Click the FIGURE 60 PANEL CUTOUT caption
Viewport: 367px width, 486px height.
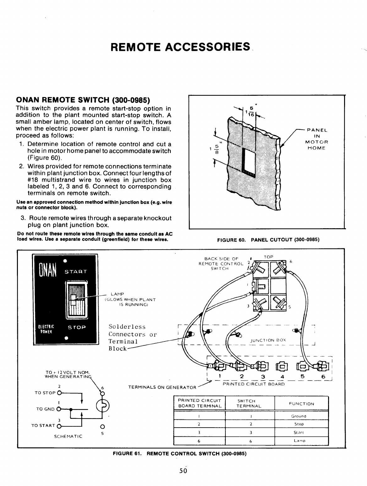[x=268, y=240]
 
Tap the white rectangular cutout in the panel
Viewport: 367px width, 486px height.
[x=250, y=160]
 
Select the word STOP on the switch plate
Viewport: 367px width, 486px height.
[x=77, y=327]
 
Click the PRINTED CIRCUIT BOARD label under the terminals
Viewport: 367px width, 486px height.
[x=253, y=384]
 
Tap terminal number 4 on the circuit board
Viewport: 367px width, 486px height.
[x=282, y=377]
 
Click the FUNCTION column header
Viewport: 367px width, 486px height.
[x=301, y=404]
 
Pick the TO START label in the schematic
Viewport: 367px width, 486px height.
[x=43, y=426]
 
